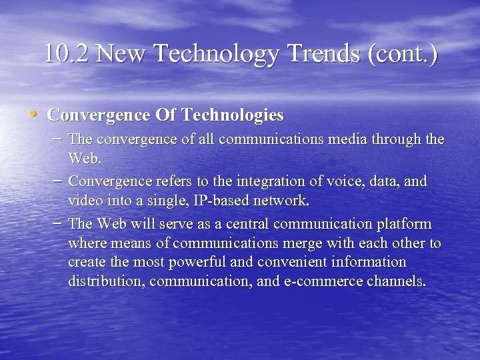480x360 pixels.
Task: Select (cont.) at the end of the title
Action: [x=403, y=53]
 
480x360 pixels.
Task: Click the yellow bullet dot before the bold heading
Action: [x=33, y=113]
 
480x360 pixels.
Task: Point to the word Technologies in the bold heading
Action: [x=233, y=115]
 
